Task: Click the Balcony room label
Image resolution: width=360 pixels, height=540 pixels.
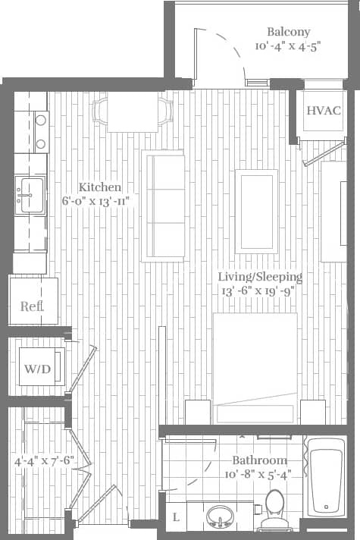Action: pyautogui.click(x=288, y=32)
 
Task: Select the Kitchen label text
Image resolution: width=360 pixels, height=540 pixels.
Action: pyautogui.click(x=100, y=187)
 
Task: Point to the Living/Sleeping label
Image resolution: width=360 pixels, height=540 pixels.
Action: pyautogui.click(x=260, y=277)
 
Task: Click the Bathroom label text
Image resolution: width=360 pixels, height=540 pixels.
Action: pyautogui.click(x=259, y=460)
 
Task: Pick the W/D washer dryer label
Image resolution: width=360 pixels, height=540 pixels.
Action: pyautogui.click(x=36, y=370)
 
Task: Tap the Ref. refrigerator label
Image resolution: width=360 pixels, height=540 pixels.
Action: pyautogui.click(x=32, y=306)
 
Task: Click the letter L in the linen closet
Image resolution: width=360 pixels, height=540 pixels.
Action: pyautogui.click(x=176, y=518)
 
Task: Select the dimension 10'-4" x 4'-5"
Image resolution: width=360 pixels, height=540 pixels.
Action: pyautogui.click(x=288, y=46)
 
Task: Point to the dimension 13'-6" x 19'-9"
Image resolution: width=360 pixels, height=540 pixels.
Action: pyautogui.click(x=256, y=290)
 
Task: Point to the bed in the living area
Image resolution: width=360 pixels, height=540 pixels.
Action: pyautogui.click(x=255, y=364)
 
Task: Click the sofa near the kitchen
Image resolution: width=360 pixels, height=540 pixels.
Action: pyautogui.click(x=164, y=205)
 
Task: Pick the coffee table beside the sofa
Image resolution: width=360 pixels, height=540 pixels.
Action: pyautogui.click(x=256, y=211)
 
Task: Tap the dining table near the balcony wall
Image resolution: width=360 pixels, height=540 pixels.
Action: pyautogui.click(x=133, y=111)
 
